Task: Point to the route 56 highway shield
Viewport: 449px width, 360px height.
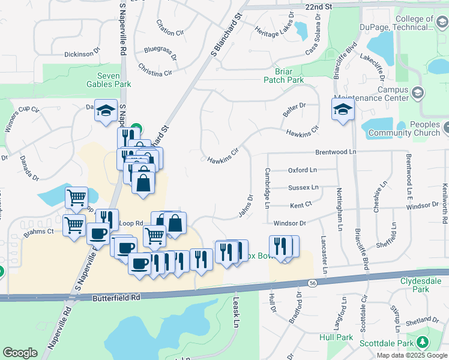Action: (x=313, y=283)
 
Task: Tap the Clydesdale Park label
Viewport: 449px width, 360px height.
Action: (x=424, y=284)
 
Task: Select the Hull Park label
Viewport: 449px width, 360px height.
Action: (x=337, y=337)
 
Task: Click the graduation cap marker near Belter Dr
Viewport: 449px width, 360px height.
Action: (x=343, y=110)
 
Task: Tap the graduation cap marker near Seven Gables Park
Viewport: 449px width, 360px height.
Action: (x=106, y=111)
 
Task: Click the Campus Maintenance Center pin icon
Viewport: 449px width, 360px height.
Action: (x=418, y=93)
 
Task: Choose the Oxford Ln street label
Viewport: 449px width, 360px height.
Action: (x=302, y=170)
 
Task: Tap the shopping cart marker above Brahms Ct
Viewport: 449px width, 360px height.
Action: (x=76, y=197)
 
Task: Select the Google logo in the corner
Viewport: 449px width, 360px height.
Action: (x=20, y=353)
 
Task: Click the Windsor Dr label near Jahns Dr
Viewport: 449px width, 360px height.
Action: (x=290, y=223)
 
